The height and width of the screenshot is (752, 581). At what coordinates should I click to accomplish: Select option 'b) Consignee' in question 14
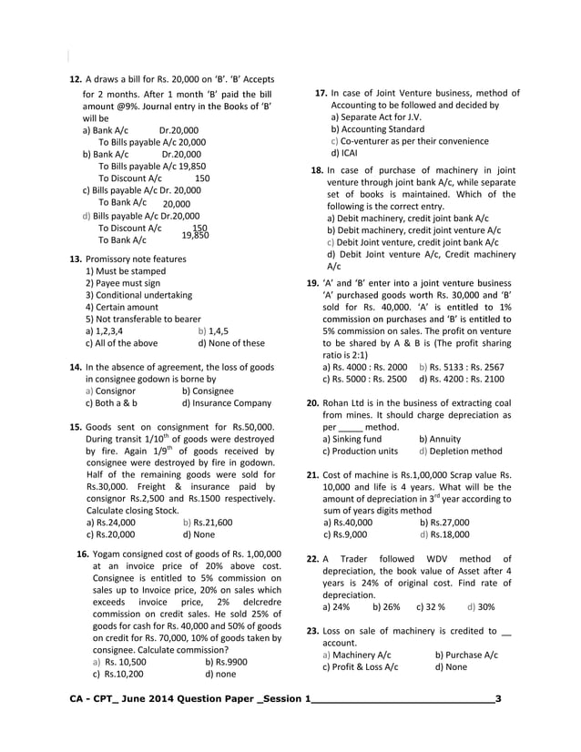[210, 391]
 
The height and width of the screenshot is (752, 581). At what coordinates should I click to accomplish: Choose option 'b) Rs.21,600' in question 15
[208, 523]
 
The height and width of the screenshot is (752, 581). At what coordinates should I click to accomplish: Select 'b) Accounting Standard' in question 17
[377, 129]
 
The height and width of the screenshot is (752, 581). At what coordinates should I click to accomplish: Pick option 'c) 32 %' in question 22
[430, 606]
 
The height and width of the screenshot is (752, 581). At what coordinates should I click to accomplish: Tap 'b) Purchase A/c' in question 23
[465, 655]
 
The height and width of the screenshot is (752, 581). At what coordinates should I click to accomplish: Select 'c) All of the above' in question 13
[121, 343]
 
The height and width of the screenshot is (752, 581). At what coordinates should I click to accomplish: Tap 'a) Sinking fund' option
[352, 439]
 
